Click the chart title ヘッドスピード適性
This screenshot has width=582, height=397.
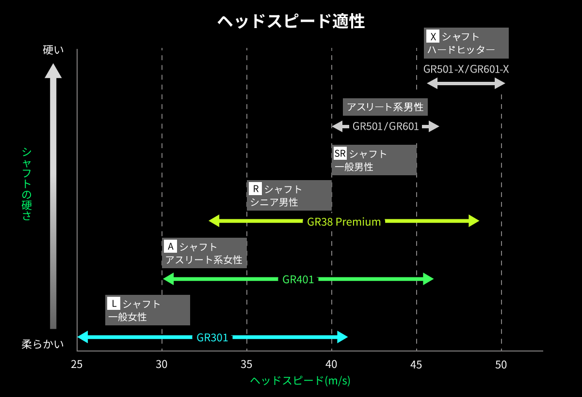[291, 21]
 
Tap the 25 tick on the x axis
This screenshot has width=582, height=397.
[77, 365]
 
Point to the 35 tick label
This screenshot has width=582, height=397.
[247, 365]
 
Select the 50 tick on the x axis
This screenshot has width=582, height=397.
[501, 365]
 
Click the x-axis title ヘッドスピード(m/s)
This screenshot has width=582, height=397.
[300, 381]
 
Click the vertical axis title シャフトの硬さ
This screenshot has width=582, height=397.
[27, 183]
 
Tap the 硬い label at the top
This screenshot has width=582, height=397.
[53, 50]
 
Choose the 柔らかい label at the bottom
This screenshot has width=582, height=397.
[43, 344]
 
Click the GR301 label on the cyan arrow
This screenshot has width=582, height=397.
[212, 337]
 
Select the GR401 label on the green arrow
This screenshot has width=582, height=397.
[298, 279]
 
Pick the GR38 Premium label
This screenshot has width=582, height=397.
[344, 222]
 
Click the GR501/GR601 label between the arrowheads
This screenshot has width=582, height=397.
[386, 127]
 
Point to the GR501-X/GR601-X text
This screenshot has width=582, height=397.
[466, 69]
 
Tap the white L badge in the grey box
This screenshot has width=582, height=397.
[113, 304]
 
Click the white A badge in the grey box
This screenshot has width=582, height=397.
[170, 246]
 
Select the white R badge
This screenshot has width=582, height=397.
[255, 188]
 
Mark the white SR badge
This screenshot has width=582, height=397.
[340, 154]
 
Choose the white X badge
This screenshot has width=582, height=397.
[433, 36]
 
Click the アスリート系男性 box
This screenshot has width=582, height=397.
[385, 107]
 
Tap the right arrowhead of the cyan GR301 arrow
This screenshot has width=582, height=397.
[343, 337]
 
